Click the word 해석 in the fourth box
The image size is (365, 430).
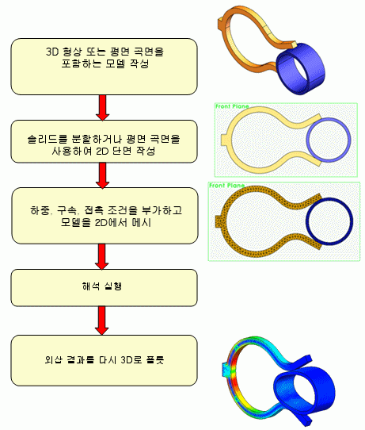pos(90,286)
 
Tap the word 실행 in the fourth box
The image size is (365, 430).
pos(113,286)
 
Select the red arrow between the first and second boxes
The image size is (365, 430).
pos(103,108)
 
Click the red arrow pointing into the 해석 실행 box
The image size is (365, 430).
pos(102,256)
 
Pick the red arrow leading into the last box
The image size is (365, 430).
pos(102,321)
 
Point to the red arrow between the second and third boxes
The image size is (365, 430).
pos(103,175)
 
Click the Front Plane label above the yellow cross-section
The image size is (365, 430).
pos(232,106)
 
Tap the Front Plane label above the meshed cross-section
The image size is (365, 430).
pos(226,186)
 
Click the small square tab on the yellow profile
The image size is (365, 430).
pos(224,140)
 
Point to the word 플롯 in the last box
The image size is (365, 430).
pos(155,359)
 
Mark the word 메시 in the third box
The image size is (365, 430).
pos(142,222)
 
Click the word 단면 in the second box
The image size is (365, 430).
pos(122,151)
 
